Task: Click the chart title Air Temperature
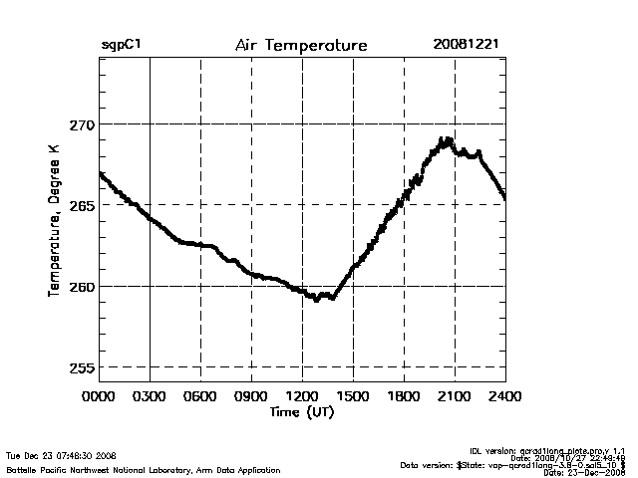(301, 46)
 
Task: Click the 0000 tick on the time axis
(99, 396)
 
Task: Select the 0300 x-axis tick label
(150, 396)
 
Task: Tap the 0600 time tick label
(200, 396)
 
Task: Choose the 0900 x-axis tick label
(251, 396)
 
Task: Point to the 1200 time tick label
(302, 396)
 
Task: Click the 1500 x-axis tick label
(353, 396)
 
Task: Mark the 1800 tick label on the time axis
(404, 396)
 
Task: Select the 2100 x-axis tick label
(455, 396)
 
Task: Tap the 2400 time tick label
(504, 396)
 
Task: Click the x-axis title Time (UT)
(301, 412)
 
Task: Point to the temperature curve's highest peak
(447, 140)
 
